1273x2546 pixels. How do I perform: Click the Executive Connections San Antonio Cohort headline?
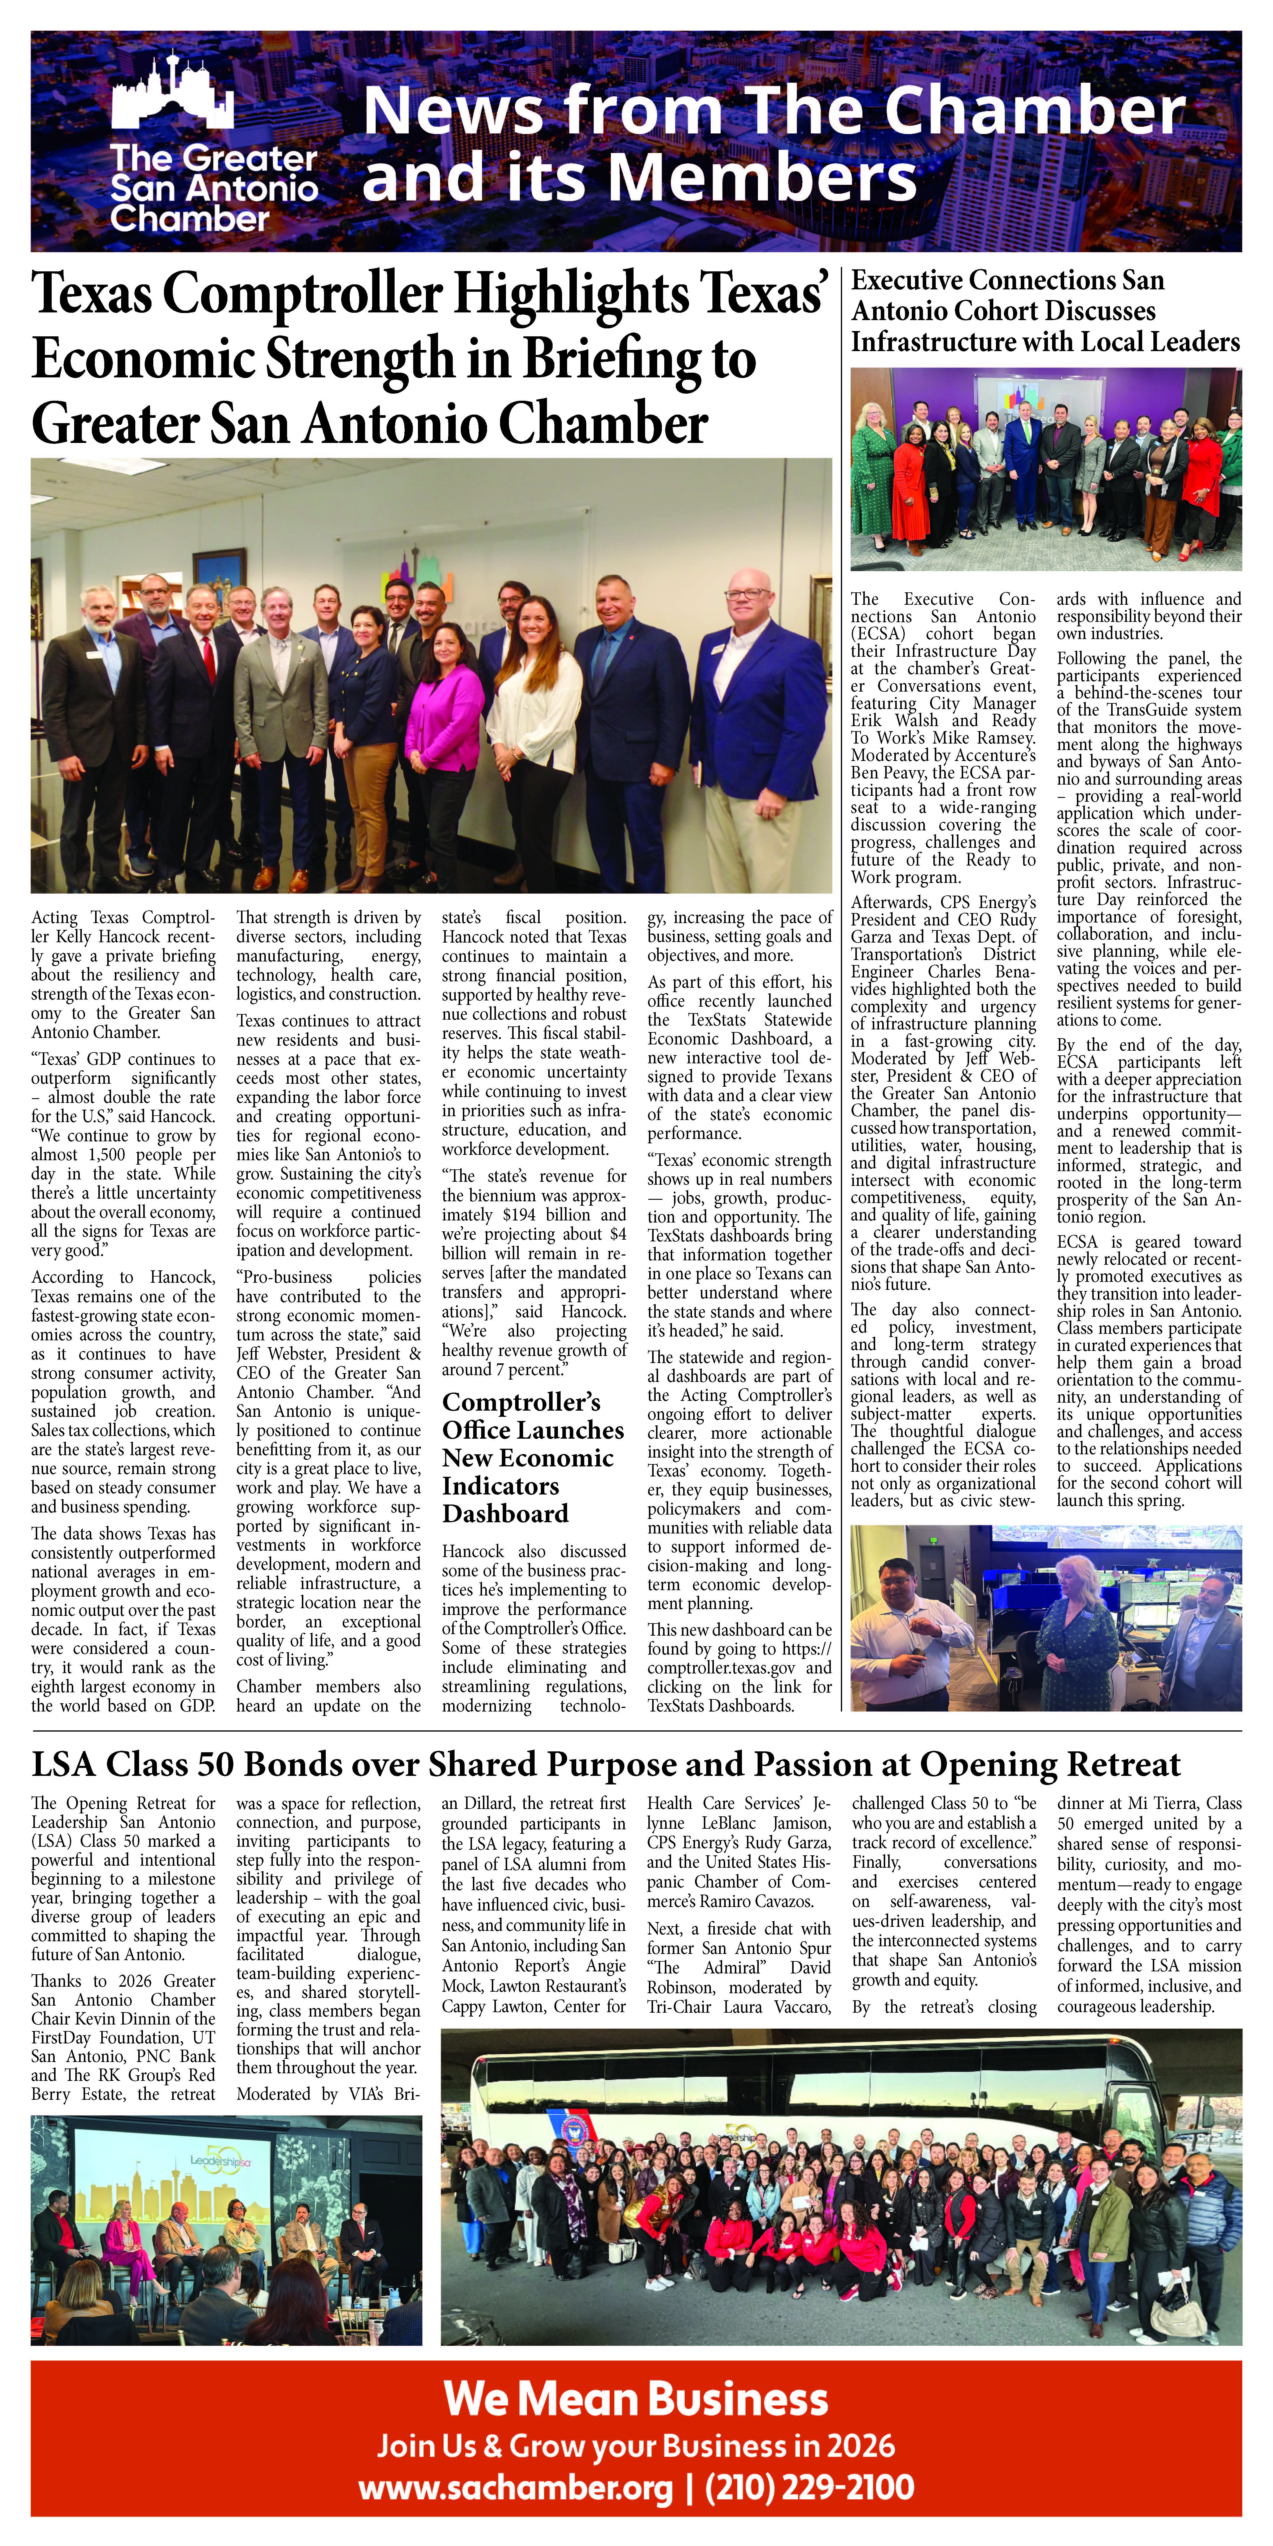(1045, 311)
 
